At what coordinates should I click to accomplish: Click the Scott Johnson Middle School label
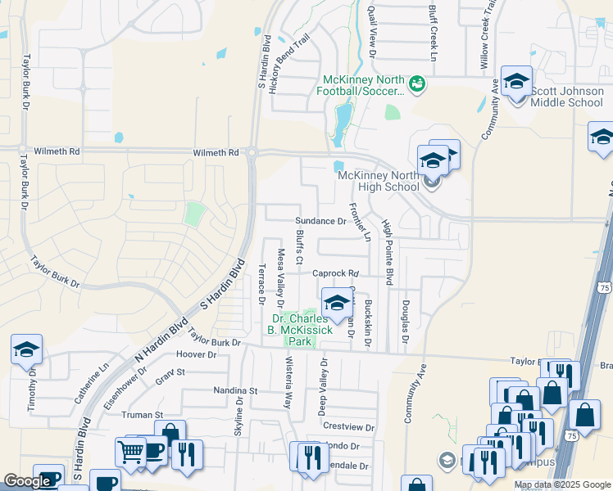pyautogui.click(x=566, y=97)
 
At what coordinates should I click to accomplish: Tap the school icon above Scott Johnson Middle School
pyautogui.click(x=516, y=81)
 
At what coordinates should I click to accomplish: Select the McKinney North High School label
pyautogui.click(x=378, y=181)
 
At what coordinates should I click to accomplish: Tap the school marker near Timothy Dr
pyautogui.click(x=26, y=349)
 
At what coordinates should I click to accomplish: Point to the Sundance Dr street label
pyautogui.click(x=320, y=221)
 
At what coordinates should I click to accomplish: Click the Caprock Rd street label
pyautogui.click(x=335, y=273)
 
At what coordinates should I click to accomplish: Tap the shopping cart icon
pyautogui.click(x=130, y=451)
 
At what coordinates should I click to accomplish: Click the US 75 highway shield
pyautogui.click(x=604, y=287)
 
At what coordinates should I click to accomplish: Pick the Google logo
pyautogui.click(x=27, y=481)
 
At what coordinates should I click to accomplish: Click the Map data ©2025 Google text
pyautogui.click(x=561, y=484)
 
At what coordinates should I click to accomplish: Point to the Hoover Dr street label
pyautogui.click(x=196, y=355)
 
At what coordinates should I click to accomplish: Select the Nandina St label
pyautogui.click(x=235, y=391)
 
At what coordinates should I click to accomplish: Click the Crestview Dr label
pyautogui.click(x=348, y=427)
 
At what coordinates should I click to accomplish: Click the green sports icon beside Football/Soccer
pyautogui.click(x=416, y=83)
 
